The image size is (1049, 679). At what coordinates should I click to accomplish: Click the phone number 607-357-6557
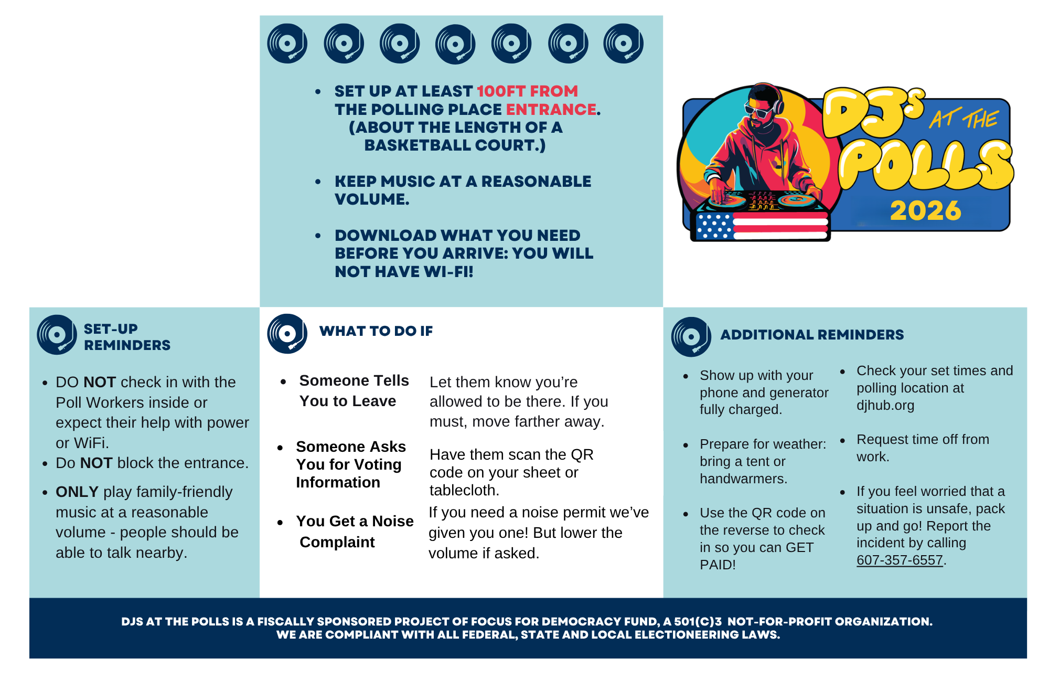point(900,560)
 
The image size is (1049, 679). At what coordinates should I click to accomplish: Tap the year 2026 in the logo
point(926,211)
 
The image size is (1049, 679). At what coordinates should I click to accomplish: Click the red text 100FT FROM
point(527,91)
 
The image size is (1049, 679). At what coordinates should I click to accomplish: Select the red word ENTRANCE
point(551,109)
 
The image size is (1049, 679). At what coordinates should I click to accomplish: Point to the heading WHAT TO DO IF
point(376,331)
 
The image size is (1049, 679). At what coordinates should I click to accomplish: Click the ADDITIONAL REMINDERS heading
point(812,335)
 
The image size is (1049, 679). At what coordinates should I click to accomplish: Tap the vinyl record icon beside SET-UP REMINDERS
point(57,335)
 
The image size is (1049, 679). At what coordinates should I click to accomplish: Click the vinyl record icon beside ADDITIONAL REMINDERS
point(691,337)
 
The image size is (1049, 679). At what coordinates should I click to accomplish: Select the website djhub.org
point(885,406)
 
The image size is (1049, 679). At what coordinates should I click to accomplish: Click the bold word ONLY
point(77,492)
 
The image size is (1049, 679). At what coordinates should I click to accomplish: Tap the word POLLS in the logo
point(926,165)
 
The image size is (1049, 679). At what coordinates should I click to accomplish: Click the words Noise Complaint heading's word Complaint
point(337,542)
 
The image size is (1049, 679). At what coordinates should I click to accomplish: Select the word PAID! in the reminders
point(718,565)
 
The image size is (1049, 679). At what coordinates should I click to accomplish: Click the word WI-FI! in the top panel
point(448,272)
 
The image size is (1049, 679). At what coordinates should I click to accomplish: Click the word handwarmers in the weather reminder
point(743,479)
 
